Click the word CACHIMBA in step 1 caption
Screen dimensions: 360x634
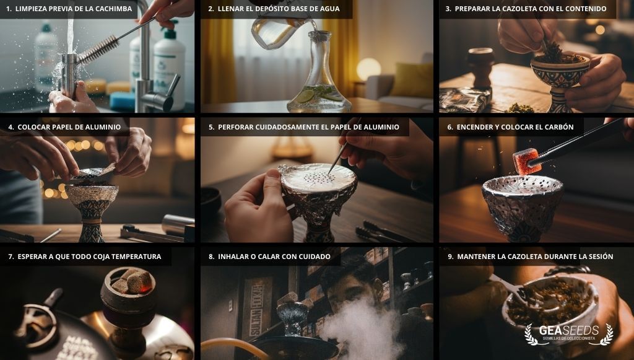point(114,9)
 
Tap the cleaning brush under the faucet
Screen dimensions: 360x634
point(99,50)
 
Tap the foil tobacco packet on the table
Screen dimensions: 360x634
point(464,100)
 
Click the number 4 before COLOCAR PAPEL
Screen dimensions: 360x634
point(11,127)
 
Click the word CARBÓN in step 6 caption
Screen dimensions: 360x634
point(557,127)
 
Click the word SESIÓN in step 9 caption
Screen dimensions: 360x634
point(597,257)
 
